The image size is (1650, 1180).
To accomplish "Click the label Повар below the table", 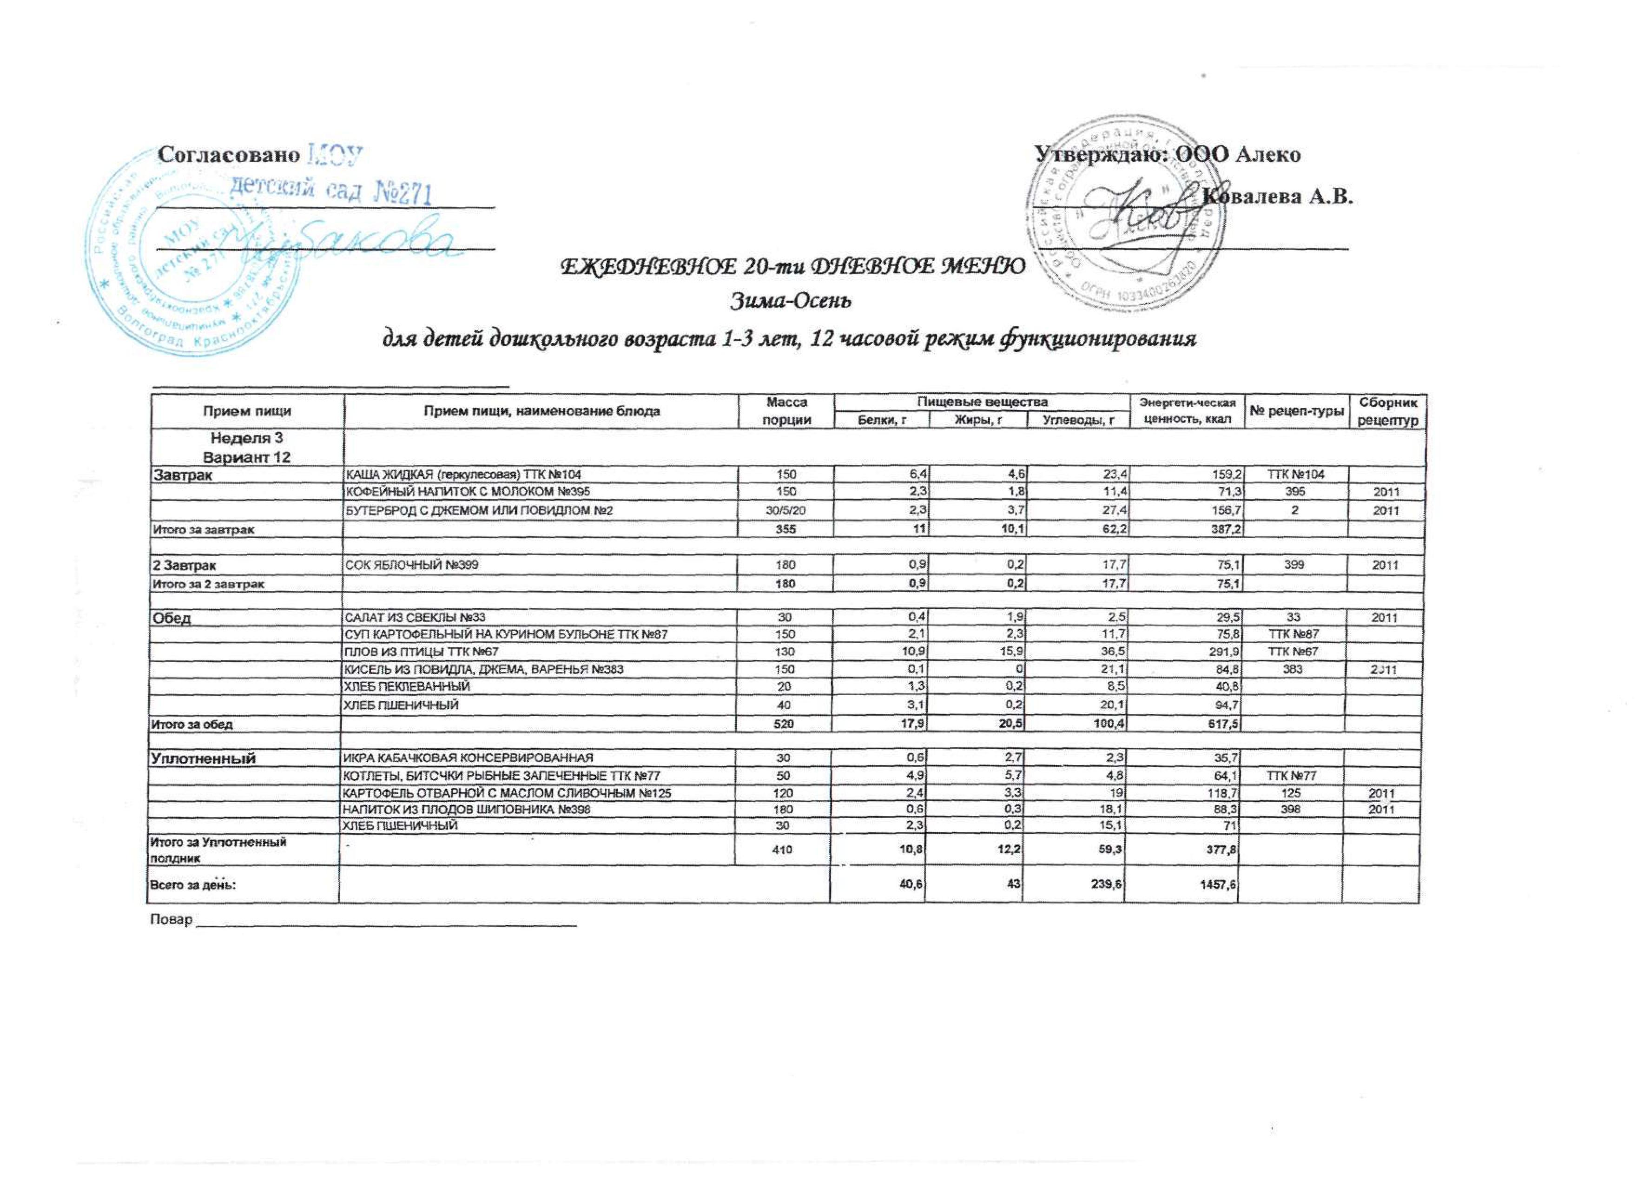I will click(x=171, y=920).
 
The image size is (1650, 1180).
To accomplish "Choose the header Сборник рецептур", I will click(x=1383, y=410).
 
